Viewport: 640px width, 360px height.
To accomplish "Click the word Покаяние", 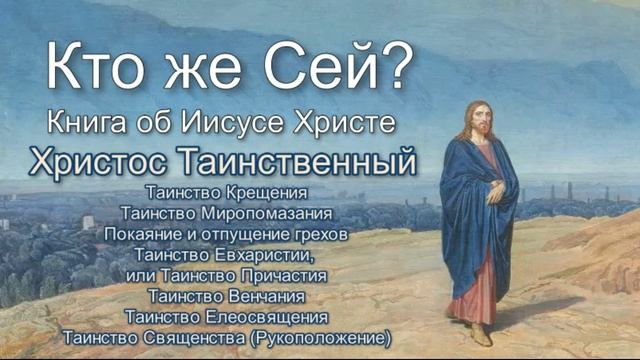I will [x=145, y=233].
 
